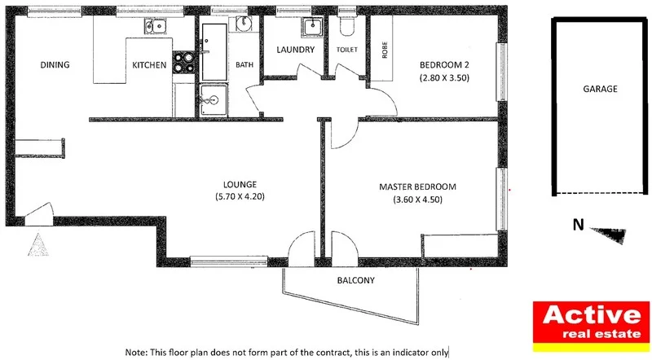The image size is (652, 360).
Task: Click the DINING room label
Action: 54,65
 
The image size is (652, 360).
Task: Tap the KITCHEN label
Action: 150,65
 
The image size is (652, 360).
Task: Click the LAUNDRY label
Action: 295,50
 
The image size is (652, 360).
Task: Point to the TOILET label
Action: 346,50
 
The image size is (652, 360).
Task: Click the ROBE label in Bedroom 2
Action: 384,50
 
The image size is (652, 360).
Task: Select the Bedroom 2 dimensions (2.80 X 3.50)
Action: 446,78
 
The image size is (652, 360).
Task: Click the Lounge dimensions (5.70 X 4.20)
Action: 240,197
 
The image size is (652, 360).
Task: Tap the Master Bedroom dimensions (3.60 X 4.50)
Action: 417,200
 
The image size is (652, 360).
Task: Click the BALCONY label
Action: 355,281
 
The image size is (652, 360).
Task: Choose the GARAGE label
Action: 599,89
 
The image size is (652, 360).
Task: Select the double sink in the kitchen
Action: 157,28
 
